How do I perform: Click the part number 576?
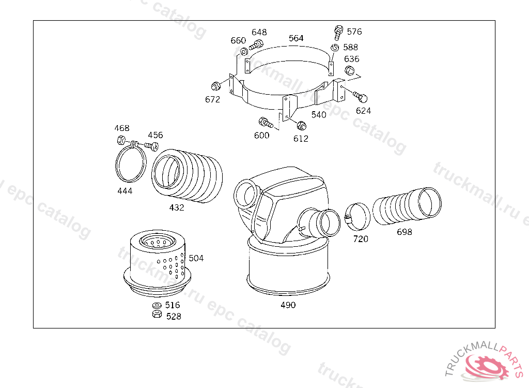pyautogui.click(x=354, y=32)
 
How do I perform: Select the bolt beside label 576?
pyautogui.click(x=338, y=33)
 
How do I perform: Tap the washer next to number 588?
pyautogui.click(x=335, y=48)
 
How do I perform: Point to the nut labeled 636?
pyautogui.click(x=350, y=70)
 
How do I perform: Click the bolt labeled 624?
pyautogui.click(x=360, y=96)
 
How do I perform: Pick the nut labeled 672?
pyautogui.click(x=215, y=86)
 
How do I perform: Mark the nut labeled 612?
pyautogui.click(x=301, y=125)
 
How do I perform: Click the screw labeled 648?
pyautogui.click(x=256, y=44)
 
